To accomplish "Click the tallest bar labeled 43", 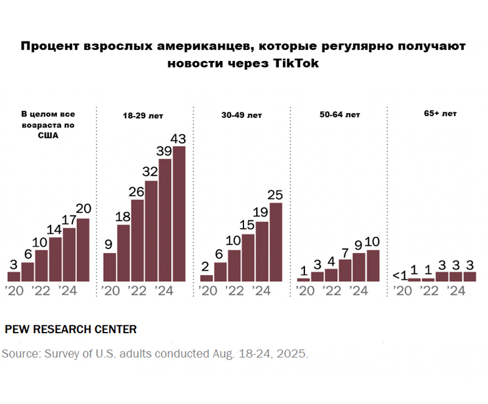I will [x=179, y=214].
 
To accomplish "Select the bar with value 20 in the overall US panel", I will [x=83, y=250].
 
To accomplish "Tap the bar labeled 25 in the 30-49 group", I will [x=276, y=242].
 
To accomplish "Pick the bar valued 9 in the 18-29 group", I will [x=110, y=267].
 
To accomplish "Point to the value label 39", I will [x=165, y=151].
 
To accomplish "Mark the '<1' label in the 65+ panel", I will [x=400, y=276].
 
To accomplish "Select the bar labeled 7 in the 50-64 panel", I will [x=345, y=270].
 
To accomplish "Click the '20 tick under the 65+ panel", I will [x=402, y=290].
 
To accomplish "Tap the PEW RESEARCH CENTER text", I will [x=70, y=330].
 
